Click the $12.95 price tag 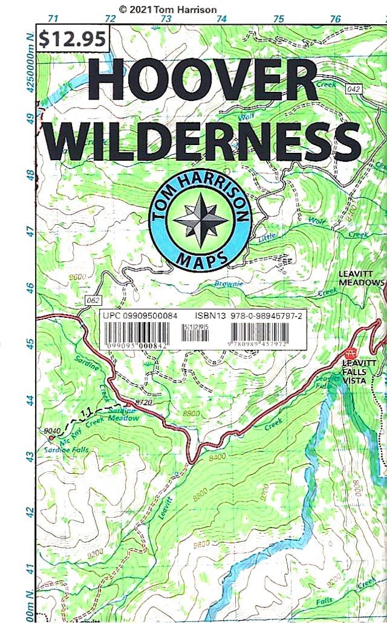73,39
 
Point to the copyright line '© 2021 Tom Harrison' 167,9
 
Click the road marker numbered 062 93,300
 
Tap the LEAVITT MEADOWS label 361,278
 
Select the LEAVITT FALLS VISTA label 359,372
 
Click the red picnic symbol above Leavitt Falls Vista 349,353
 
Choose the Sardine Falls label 67,450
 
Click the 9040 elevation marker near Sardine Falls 53,430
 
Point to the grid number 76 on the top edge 335,19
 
